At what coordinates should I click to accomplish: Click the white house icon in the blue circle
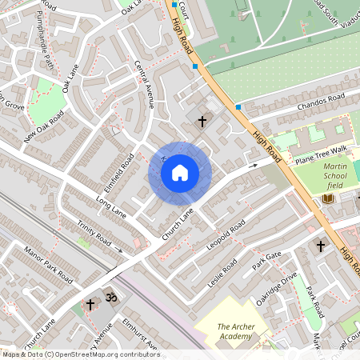[x=180, y=173]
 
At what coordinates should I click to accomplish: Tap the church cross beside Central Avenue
[x=202, y=122]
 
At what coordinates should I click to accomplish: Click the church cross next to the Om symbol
[x=90, y=304]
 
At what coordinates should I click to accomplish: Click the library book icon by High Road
[x=327, y=198]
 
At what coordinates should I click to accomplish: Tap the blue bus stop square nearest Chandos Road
[x=238, y=106]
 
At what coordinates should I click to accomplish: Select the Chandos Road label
[x=319, y=102]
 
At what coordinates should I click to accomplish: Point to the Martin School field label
[x=340, y=176]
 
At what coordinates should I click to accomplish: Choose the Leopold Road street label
[x=226, y=238]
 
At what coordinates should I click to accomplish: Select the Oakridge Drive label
[x=275, y=286]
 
